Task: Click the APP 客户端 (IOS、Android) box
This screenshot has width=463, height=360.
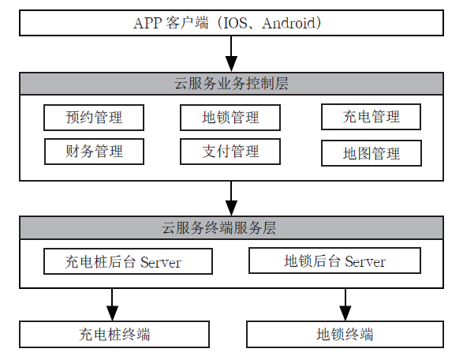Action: coord(231,23)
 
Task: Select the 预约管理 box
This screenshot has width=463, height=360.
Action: coord(94,118)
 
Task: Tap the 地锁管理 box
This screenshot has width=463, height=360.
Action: coord(230,118)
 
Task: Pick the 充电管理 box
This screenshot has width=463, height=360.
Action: coord(372,117)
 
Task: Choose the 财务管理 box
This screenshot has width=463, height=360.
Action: coord(94,152)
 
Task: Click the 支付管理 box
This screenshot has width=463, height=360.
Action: coord(230,152)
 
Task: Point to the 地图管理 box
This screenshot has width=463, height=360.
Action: coord(372,153)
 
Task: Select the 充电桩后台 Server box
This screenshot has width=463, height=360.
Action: coord(128,261)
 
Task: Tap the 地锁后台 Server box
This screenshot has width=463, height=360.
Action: coord(335,261)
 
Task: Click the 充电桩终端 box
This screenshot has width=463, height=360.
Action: coord(114,334)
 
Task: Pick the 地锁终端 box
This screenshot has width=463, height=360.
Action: coord(345,334)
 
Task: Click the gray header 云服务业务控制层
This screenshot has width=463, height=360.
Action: coord(231,84)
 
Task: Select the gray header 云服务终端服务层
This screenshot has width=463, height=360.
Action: coord(231,227)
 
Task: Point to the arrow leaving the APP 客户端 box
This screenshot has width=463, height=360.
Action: coord(231,54)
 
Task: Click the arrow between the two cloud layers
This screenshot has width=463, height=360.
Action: coord(231,198)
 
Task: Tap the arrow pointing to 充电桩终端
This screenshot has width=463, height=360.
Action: coord(112,305)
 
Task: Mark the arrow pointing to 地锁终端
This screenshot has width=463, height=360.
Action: coord(345,305)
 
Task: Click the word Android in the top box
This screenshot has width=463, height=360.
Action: coord(289,23)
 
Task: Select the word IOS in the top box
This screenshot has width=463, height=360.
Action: coord(235,23)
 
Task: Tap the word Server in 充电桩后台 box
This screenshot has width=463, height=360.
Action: coord(161,262)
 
